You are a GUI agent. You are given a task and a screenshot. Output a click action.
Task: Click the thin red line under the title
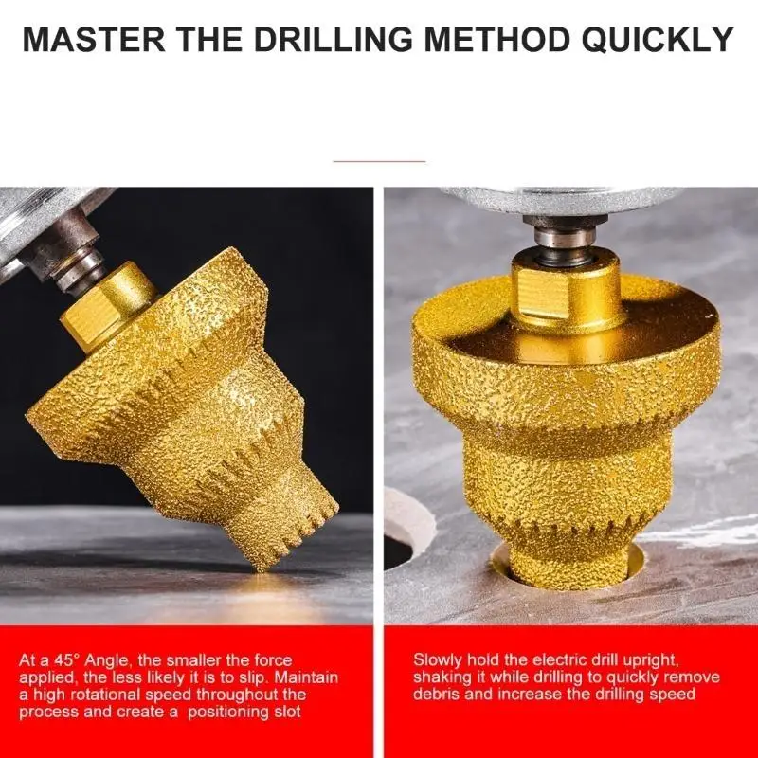(x=379, y=161)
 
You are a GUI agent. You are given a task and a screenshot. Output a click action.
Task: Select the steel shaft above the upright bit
(x=566, y=232)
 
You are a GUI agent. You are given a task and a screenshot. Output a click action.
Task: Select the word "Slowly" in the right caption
(x=439, y=660)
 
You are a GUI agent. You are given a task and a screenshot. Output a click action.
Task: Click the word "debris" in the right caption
(x=437, y=695)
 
